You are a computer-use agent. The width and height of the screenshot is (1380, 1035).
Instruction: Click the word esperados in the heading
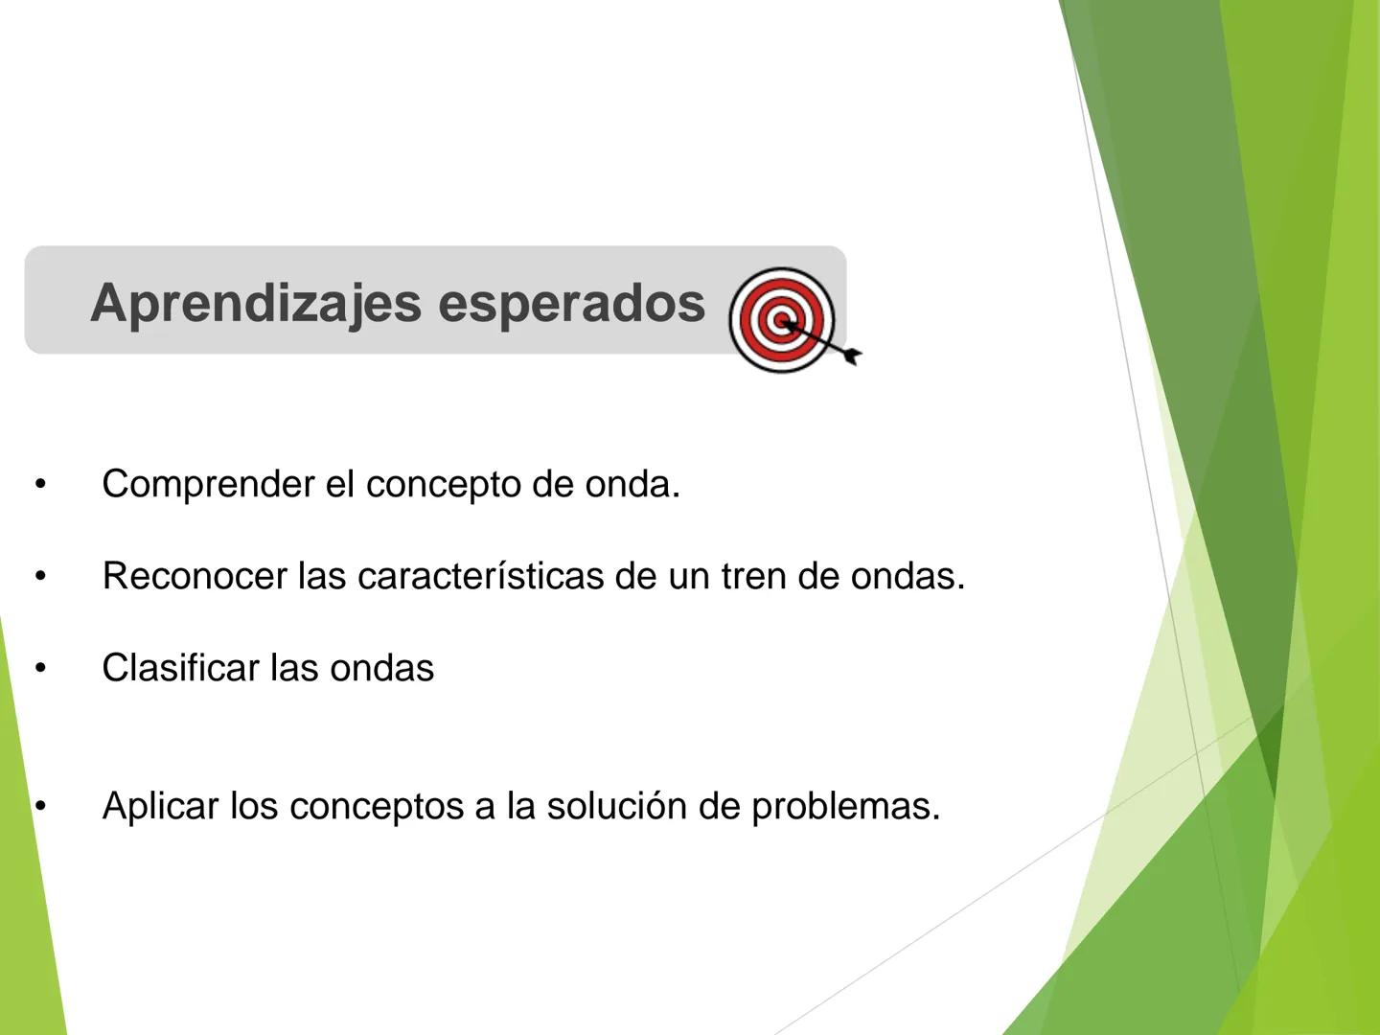pos(571,303)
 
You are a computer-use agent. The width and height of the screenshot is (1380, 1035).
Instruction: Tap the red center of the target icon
pos(782,319)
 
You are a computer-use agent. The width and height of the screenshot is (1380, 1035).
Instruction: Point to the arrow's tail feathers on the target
pos(851,356)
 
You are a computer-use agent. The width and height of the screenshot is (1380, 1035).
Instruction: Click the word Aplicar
pos(160,807)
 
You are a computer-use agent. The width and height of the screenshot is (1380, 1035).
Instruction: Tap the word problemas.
pos(845,807)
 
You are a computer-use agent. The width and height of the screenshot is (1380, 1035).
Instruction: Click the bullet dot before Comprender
pos(40,485)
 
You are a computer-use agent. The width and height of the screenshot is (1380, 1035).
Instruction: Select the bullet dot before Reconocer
pos(40,577)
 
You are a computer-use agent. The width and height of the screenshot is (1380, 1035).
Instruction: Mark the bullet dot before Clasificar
pos(40,669)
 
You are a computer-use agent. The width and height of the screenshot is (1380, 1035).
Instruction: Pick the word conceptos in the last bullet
pos(376,807)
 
